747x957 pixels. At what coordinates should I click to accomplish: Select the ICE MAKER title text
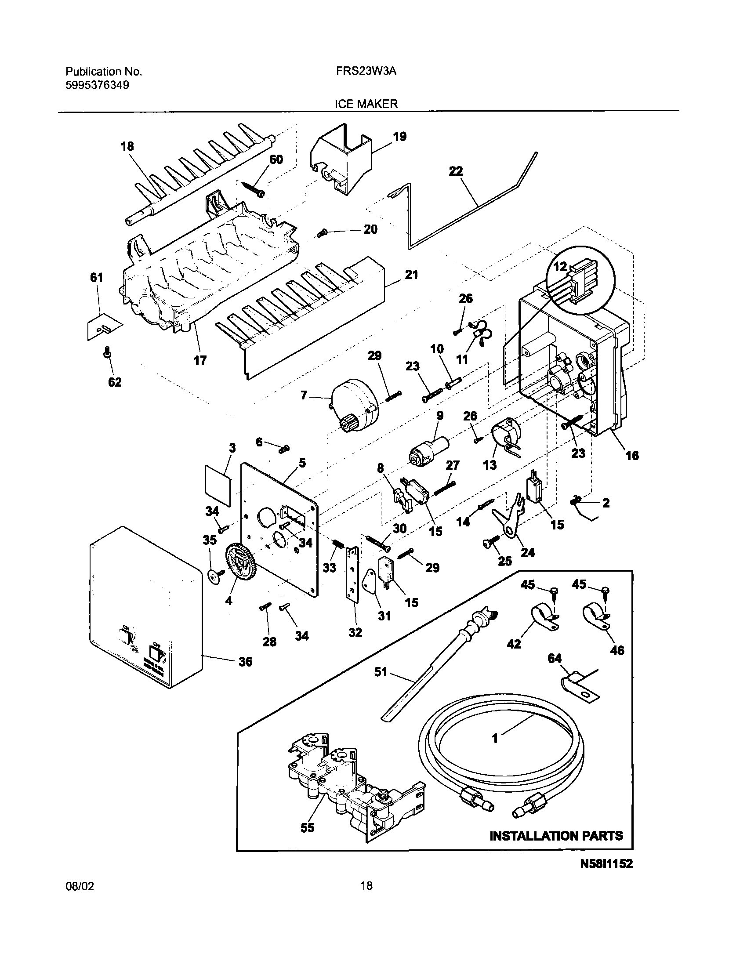click(366, 104)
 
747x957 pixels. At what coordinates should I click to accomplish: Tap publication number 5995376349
click(97, 85)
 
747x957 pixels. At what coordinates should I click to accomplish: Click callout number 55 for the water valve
click(307, 827)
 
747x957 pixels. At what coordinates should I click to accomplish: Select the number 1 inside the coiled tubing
click(495, 739)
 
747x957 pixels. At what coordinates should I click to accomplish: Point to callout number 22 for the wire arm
click(456, 171)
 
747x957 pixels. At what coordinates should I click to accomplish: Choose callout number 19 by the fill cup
click(399, 137)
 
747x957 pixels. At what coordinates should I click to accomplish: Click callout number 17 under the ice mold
click(200, 361)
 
